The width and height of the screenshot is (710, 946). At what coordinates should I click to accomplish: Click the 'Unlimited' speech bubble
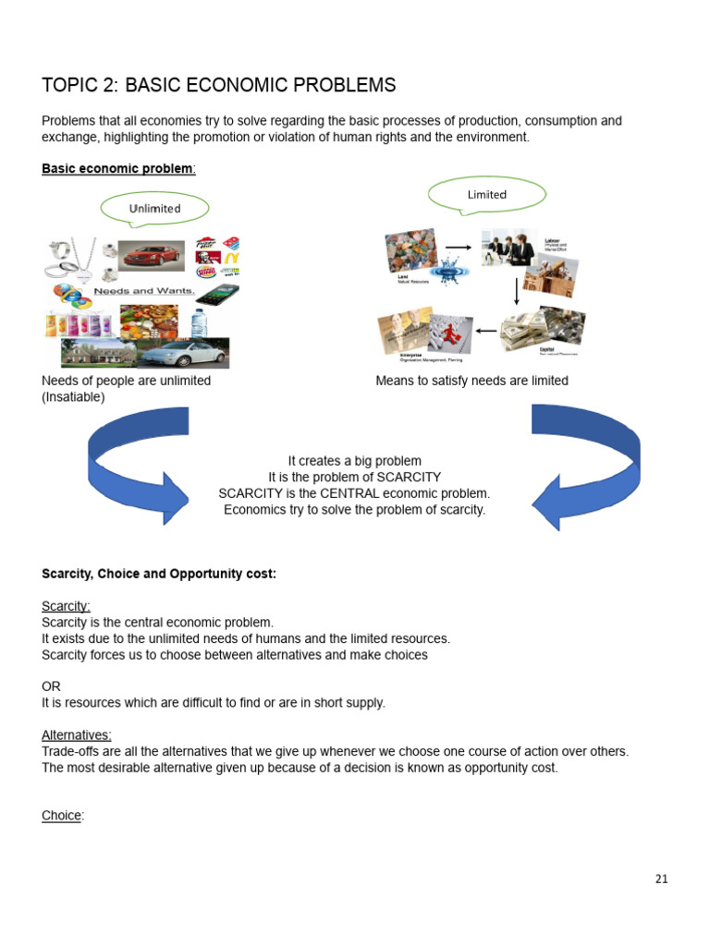pos(154,209)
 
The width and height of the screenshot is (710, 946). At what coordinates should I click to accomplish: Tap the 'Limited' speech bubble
pos(487,194)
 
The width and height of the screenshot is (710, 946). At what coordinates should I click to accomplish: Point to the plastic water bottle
pos(198,321)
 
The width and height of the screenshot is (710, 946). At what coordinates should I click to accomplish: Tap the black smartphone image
pos(216,299)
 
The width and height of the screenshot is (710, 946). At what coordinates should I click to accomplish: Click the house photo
pos(96,352)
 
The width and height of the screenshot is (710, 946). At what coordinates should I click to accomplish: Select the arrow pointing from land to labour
pos(458,248)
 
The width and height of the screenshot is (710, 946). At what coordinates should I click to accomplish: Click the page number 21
pos(661,879)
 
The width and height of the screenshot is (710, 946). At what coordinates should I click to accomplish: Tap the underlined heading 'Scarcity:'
pos(66,606)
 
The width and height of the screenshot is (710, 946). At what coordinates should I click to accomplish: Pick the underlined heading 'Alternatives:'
pos(77,735)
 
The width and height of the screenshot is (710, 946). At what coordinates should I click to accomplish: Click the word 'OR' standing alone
pos(51,686)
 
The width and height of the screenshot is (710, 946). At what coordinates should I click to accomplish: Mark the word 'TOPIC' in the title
pos(68,86)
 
